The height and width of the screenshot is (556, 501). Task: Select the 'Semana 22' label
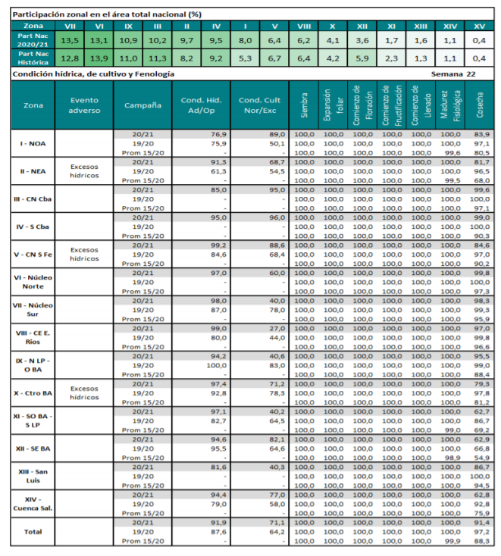tap(452, 74)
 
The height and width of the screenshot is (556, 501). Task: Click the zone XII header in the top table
tap(362, 26)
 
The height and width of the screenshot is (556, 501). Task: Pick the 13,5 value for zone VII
tap(70, 39)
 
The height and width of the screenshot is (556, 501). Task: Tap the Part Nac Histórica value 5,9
tap(362, 58)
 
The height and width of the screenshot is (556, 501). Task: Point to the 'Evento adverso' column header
tap(83, 105)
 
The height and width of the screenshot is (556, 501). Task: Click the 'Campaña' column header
tap(142, 105)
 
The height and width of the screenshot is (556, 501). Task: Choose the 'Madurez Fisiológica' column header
tap(450, 106)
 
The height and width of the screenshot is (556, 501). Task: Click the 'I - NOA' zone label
tap(32, 143)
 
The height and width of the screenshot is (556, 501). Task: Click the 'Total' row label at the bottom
tap(32, 532)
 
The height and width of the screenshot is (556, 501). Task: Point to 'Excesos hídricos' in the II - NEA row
tap(83, 170)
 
